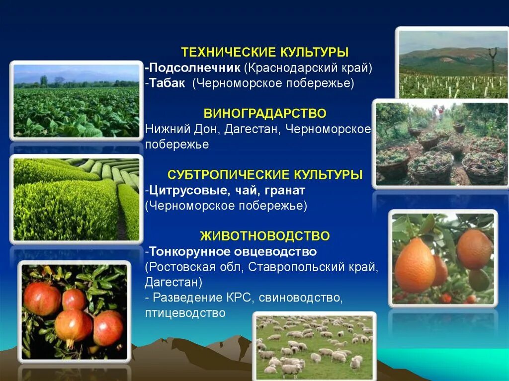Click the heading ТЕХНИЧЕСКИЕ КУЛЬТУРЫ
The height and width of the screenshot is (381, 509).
point(264,52)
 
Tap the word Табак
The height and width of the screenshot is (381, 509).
point(167,82)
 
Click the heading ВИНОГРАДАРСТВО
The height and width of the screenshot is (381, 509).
point(264,114)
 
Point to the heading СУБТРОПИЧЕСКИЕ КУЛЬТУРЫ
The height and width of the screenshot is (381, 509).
point(264,175)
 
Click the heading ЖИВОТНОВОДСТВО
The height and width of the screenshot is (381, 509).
point(264,235)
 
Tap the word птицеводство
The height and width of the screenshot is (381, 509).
point(185,313)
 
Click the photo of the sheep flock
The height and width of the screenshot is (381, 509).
point(314,346)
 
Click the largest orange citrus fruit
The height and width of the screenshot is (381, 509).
point(415,265)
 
